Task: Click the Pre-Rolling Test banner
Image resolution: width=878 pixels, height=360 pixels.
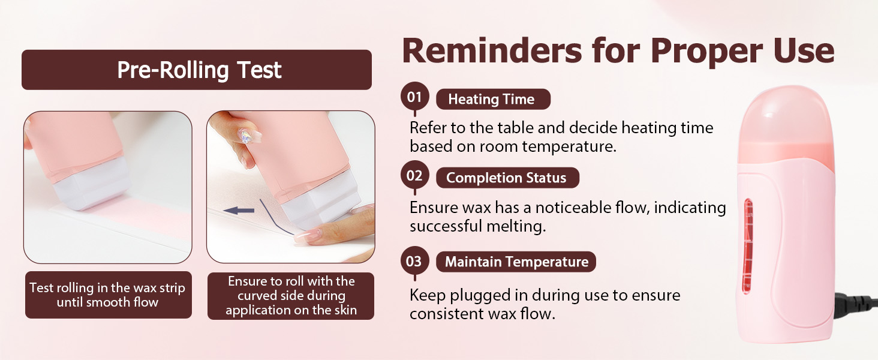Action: (196, 70)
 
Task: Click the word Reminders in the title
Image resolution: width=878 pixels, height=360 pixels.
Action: (492, 51)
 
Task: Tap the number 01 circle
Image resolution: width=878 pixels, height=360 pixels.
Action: (414, 97)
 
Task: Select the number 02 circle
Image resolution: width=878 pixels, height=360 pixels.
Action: (414, 175)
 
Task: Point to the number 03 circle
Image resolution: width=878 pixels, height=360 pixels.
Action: (414, 261)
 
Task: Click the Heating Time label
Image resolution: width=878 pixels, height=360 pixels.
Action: (493, 99)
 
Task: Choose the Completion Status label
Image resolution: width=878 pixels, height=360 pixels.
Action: (507, 178)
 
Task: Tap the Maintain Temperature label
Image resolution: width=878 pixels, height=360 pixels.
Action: (516, 262)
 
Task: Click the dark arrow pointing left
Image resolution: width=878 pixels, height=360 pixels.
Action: (239, 211)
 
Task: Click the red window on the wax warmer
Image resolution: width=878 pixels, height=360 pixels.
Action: (748, 246)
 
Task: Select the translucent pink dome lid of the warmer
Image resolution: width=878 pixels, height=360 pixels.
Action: (785, 125)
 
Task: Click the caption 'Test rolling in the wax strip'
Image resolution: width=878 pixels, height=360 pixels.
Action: (107, 288)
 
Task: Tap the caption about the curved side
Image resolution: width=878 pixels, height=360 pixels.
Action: (291, 296)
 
